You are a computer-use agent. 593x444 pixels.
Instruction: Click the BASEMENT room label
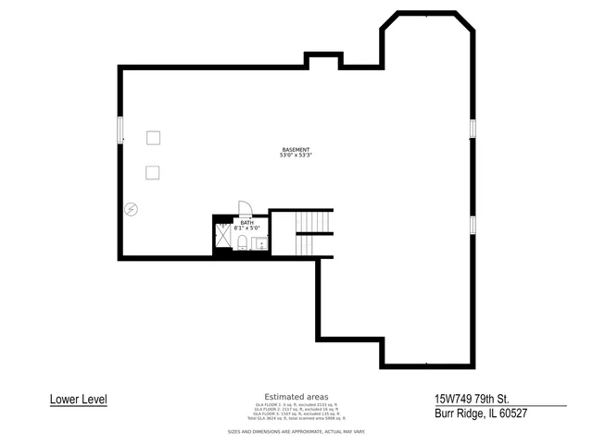pyautogui.click(x=296, y=150)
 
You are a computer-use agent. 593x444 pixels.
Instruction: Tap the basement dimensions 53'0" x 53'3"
pyautogui.click(x=296, y=155)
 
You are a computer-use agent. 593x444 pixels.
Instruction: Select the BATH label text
pyautogui.click(x=246, y=222)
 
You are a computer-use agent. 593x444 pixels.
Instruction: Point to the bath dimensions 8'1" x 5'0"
pyautogui.click(x=246, y=228)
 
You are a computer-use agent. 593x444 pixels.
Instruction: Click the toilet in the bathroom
pyautogui.click(x=242, y=242)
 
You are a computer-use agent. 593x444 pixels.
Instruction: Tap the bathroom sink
pyautogui.click(x=259, y=243)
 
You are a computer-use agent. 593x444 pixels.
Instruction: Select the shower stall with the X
pyautogui.click(x=223, y=237)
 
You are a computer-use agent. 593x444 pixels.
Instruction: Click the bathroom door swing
pyautogui.click(x=244, y=208)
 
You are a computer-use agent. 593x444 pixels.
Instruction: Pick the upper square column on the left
pyautogui.click(x=153, y=137)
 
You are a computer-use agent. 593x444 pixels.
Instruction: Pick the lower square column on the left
pyautogui.click(x=153, y=171)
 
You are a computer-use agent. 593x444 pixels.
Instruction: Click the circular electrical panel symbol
pyautogui.click(x=132, y=209)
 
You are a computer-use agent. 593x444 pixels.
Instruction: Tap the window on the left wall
pyautogui.click(x=119, y=129)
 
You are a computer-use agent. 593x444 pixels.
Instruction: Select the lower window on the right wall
pyautogui.click(x=473, y=224)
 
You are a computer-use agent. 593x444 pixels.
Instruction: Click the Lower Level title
pyautogui.click(x=79, y=400)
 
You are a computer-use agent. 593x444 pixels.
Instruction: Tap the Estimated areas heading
pyautogui.click(x=296, y=397)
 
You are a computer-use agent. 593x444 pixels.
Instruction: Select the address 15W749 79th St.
pyautogui.click(x=473, y=399)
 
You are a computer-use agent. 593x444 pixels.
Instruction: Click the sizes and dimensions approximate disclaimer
pyautogui.click(x=296, y=432)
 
